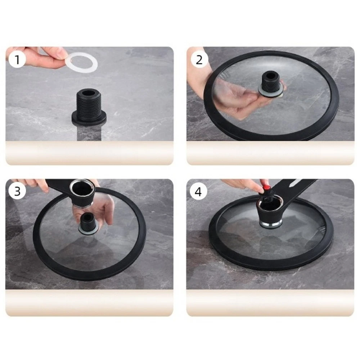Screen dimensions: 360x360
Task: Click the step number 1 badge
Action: click(17, 59)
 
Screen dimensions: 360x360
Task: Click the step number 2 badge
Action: click(199, 59)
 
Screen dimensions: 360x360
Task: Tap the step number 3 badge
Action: click(17, 191)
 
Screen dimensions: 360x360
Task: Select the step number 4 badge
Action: click(198, 191)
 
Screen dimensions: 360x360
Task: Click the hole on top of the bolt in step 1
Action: click(89, 93)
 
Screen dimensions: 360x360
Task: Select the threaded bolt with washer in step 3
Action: click(89, 223)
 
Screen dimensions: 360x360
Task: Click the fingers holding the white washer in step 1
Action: click(46, 57)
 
